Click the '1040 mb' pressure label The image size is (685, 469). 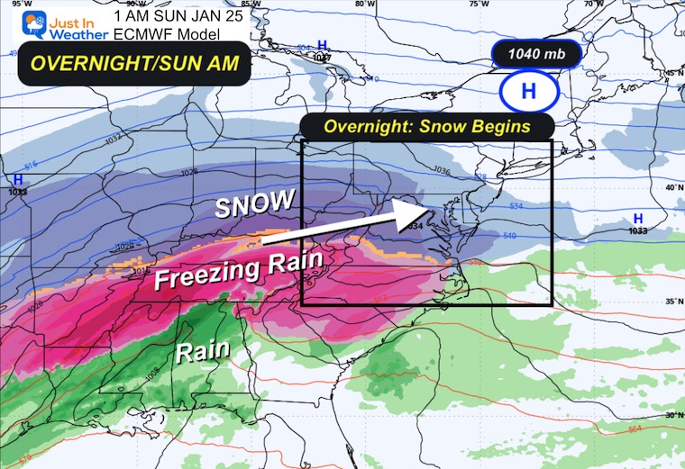[536, 55]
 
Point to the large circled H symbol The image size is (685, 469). [529, 91]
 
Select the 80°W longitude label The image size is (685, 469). [364, 5]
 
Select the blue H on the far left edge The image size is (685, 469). [16, 180]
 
